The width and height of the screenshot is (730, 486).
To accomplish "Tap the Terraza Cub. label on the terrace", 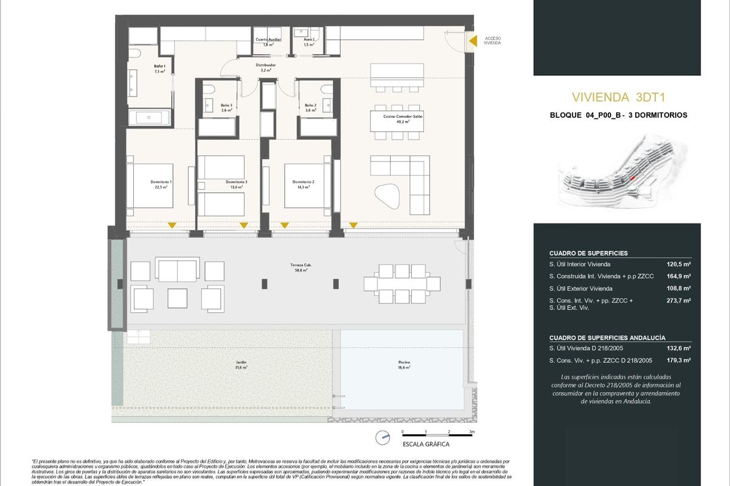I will [x=298, y=268].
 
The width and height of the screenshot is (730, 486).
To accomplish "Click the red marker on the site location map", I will [x=632, y=177].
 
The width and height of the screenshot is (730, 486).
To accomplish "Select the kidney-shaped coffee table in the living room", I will [x=388, y=196].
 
